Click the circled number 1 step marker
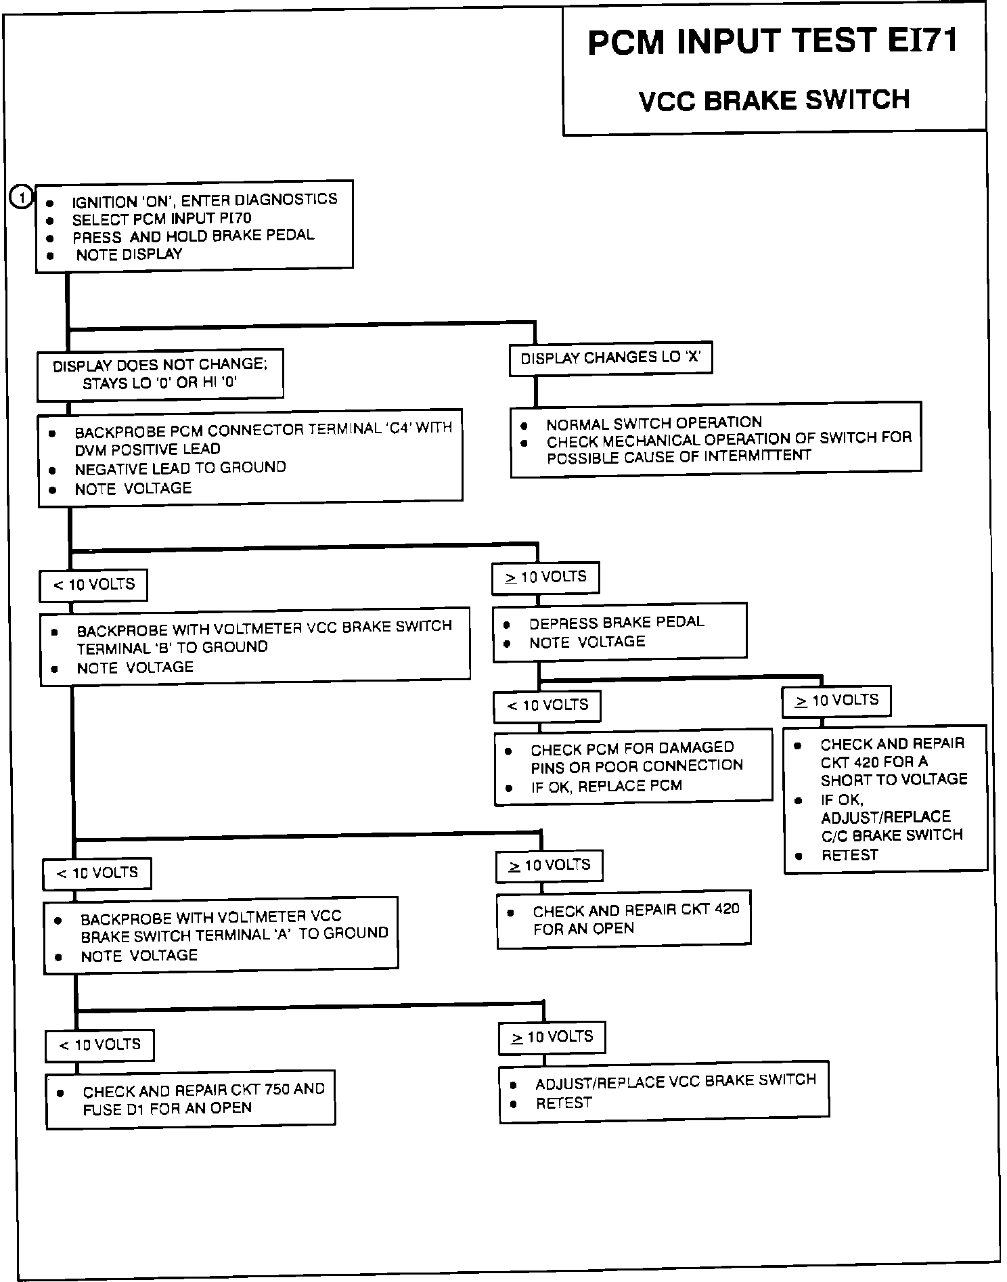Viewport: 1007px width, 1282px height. tap(22, 198)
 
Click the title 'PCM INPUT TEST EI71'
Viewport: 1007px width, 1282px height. tap(772, 42)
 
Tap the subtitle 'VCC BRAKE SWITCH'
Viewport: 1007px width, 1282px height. tap(774, 100)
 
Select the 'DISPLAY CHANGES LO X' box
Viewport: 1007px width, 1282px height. tap(610, 358)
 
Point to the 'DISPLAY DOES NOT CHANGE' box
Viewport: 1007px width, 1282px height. tap(160, 374)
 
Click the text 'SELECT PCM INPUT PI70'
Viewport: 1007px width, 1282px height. tap(162, 219)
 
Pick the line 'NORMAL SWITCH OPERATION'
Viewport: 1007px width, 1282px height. tap(654, 424)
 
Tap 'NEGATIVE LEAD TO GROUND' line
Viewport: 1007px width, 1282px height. tap(180, 468)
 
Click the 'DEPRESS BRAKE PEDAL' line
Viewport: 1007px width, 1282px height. tap(617, 622)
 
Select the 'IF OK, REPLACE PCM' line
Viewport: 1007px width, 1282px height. tap(606, 786)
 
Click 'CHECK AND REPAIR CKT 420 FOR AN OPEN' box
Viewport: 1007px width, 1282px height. tap(623, 919)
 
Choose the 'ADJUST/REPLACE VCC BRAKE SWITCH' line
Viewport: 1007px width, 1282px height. tap(675, 1081)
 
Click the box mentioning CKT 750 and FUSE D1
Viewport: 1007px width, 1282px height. tap(191, 1099)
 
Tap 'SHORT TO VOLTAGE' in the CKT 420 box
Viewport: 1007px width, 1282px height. tap(894, 779)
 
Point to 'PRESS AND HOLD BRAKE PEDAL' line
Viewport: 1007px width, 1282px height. tap(193, 236)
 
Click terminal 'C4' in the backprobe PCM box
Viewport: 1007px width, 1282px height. tap(399, 428)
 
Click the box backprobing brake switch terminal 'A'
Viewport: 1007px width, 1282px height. tap(221, 936)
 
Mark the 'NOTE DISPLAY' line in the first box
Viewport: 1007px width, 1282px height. tap(129, 255)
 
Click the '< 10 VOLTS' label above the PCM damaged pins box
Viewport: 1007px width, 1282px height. tap(547, 705)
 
